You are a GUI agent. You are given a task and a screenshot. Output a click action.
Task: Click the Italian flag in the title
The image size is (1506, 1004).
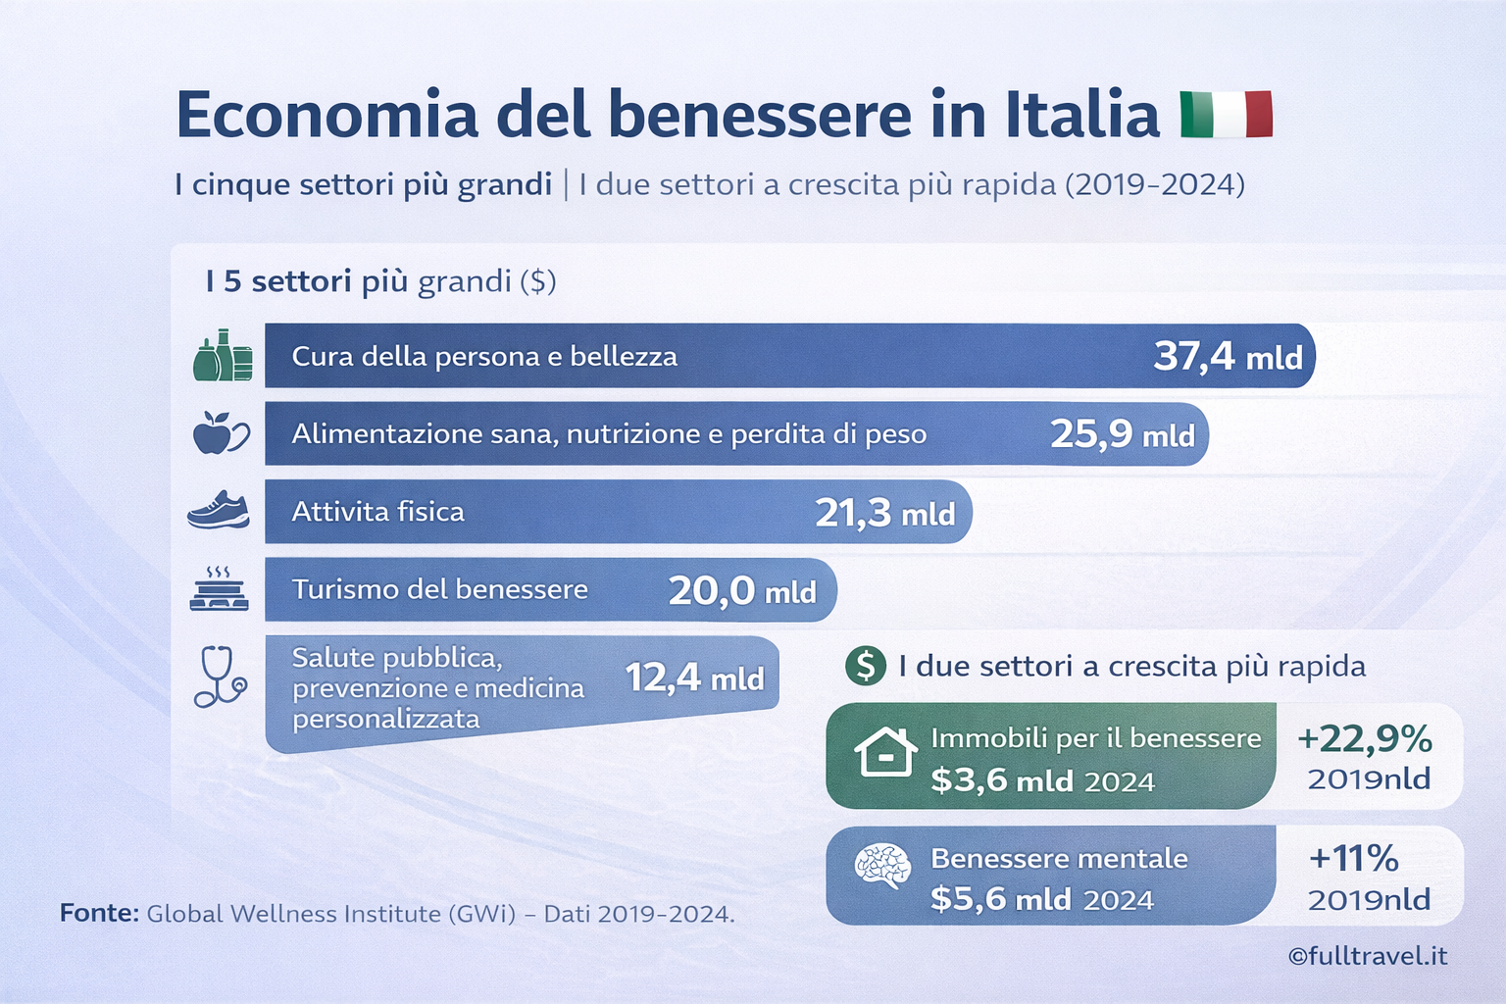(1226, 115)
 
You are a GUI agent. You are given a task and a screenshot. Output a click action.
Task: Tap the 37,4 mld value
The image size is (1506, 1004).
(1228, 357)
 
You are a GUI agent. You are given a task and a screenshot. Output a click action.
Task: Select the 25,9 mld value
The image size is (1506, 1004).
(1123, 434)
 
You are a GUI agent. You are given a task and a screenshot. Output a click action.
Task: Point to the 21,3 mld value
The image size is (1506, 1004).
(884, 513)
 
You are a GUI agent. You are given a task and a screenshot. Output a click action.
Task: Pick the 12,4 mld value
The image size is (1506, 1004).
(694, 678)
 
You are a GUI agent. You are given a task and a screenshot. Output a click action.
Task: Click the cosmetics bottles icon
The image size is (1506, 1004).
(223, 356)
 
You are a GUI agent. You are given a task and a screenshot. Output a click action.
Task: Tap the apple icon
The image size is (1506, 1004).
(220, 433)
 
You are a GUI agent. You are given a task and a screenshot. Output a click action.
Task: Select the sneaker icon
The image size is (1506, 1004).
(219, 511)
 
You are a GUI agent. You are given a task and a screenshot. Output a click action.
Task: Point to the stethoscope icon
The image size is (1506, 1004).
(220, 677)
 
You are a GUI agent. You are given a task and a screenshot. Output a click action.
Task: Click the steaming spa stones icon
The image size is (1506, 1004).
(219, 589)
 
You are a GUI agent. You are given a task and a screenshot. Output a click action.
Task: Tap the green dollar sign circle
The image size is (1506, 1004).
(865, 666)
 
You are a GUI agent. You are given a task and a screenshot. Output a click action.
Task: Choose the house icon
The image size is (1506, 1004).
(885, 752)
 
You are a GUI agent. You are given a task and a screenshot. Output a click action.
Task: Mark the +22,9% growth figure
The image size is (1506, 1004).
(1364, 738)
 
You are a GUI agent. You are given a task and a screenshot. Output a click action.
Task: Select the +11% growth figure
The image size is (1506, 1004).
(1353, 859)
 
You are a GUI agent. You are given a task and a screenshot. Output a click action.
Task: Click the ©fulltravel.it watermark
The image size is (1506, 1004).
(1367, 956)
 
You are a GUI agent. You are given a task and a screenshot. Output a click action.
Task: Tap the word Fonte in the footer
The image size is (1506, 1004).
(99, 914)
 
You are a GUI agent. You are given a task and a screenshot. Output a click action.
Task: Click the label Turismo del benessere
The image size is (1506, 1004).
(439, 589)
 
